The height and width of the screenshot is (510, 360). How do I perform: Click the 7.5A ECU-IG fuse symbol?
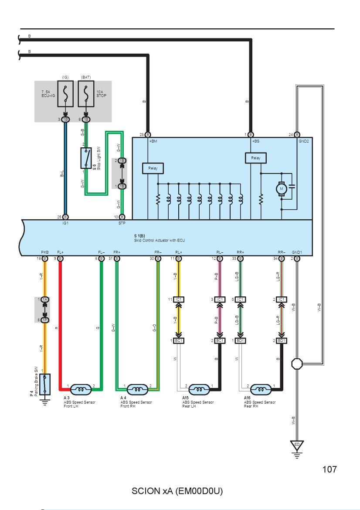[x=65, y=94]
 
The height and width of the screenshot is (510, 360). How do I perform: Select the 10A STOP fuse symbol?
[x=86, y=94]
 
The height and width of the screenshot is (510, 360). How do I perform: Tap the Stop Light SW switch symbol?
[x=86, y=158]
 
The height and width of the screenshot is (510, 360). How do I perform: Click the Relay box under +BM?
[x=153, y=168]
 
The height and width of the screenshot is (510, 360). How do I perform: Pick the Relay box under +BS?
[x=255, y=158]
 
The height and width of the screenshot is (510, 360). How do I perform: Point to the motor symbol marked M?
[x=282, y=189]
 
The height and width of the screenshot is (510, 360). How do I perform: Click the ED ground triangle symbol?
[x=297, y=445]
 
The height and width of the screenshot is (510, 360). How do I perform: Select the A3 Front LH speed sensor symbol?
[x=81, y=389]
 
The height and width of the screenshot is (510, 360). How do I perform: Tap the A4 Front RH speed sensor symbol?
[x=138, y=389]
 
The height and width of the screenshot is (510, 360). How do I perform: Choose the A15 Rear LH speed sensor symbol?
[x=199, y=389]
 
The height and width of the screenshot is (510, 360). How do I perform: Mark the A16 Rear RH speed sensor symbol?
[x=261, y=389]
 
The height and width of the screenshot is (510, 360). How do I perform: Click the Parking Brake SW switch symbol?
[x=45, y=384]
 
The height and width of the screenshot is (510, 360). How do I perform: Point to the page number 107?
[x=329, y=469]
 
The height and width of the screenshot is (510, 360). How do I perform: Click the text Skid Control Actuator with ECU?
[x=160, y=240]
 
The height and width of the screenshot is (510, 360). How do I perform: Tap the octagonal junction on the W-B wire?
[x=297, y=364]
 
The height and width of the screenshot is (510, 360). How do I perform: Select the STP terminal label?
[x=122, y=223]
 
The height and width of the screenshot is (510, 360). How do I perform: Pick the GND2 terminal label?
[x=304, y=141]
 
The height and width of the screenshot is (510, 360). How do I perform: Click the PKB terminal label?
[x=45, y=252]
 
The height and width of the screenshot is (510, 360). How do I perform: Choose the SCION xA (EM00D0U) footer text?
[x=177, y=491]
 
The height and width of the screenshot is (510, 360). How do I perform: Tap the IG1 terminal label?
[x=65, y=223]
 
